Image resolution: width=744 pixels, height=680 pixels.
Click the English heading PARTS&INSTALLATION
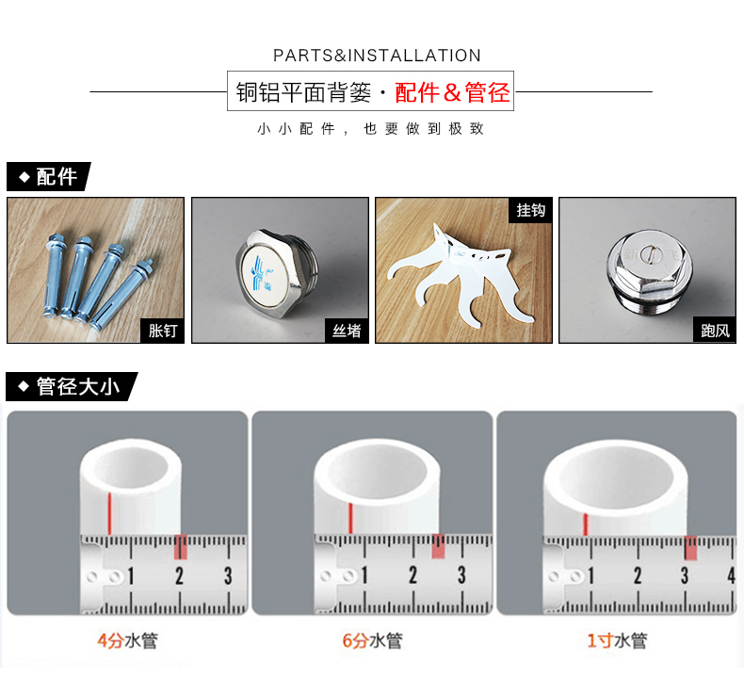(377, 56)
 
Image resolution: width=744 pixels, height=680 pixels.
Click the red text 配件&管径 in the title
(452, 92)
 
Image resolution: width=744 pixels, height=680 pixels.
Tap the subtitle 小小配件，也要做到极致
(371, 129)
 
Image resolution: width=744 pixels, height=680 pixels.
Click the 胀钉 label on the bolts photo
(162, 331)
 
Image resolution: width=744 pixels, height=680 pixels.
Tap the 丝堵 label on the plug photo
(346, 331)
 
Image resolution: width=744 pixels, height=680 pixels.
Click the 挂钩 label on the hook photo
(530, 210)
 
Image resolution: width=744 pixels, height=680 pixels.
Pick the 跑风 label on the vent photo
(715, 331)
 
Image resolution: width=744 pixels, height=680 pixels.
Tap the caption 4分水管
(127, 641)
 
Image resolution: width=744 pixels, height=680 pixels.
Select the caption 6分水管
(371, 641)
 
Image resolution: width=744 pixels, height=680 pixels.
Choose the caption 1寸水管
(617, 641)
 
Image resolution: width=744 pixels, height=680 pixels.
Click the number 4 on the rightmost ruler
(731, 575)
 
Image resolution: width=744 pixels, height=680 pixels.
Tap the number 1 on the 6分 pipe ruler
(365, 575)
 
